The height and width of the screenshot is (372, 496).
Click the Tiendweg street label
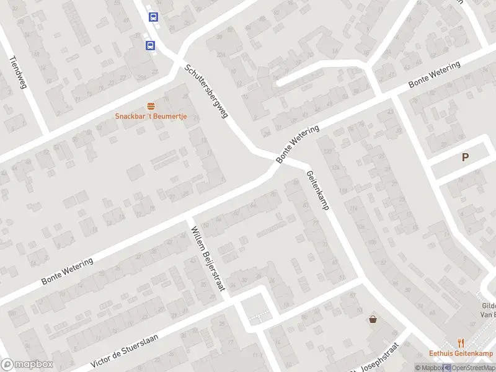(18, 73)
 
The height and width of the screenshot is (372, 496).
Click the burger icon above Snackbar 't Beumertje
(150, 105)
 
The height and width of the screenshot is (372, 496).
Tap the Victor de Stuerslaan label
(125, 350)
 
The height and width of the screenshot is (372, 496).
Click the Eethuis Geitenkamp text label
(461, 353)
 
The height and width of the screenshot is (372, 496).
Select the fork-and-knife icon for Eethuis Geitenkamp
(461, 342)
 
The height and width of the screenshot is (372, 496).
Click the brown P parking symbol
(465, 157)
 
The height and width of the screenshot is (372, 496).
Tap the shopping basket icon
(373, 320)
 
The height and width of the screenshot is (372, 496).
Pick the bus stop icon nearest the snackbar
(150, 45)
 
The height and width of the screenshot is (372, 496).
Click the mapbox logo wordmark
(27, 365)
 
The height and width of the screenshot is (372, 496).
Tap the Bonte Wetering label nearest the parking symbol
(434, 75)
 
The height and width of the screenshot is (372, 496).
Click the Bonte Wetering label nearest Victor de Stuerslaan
(68, 271)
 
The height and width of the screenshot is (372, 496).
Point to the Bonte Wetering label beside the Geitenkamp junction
(298, 144)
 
